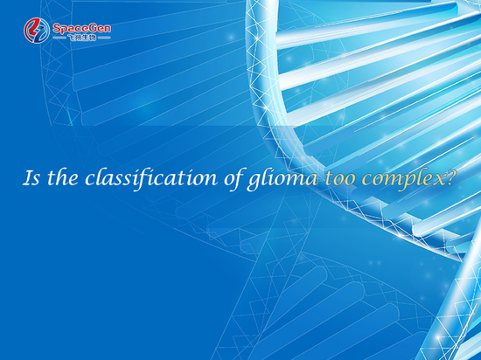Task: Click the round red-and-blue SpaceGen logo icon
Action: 37,31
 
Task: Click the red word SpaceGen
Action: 81,29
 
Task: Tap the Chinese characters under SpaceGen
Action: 81,38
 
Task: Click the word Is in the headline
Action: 31,177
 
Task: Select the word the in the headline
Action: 63,177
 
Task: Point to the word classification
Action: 151,178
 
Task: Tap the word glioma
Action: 282,179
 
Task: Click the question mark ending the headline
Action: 448,177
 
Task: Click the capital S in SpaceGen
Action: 57,29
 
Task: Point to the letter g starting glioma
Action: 254,183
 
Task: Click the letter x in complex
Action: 436,180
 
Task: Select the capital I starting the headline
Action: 28,177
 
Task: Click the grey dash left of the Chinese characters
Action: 59,38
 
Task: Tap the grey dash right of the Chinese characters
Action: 104,38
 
